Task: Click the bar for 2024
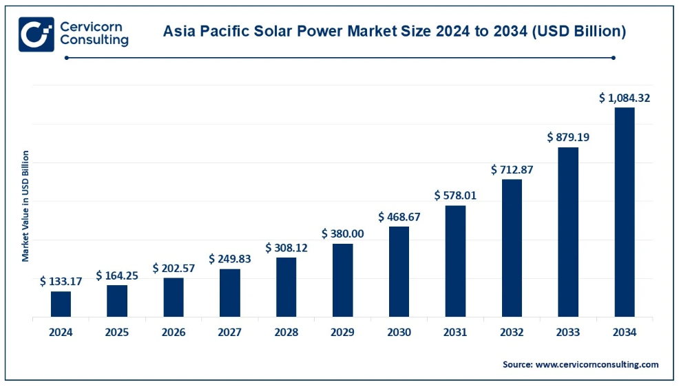point(61,304)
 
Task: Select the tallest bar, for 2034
point(624,212)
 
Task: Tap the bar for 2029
point(342,280)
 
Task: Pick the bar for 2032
point(512,248)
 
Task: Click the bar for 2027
point(230,293)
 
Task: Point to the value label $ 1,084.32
point(624,98)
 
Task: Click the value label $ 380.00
point(342,233)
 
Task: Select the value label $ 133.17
point(61,281)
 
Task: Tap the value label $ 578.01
point(455,196)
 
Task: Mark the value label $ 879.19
point(568,137)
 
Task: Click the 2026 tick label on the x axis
point(174,333)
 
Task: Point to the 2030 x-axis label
point(399,333)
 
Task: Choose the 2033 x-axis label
point(568,333)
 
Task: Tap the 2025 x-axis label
point(117,333)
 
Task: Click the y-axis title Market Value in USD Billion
point(25,206)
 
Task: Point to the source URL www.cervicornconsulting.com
point(596,364)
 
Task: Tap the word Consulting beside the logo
point(94,41)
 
